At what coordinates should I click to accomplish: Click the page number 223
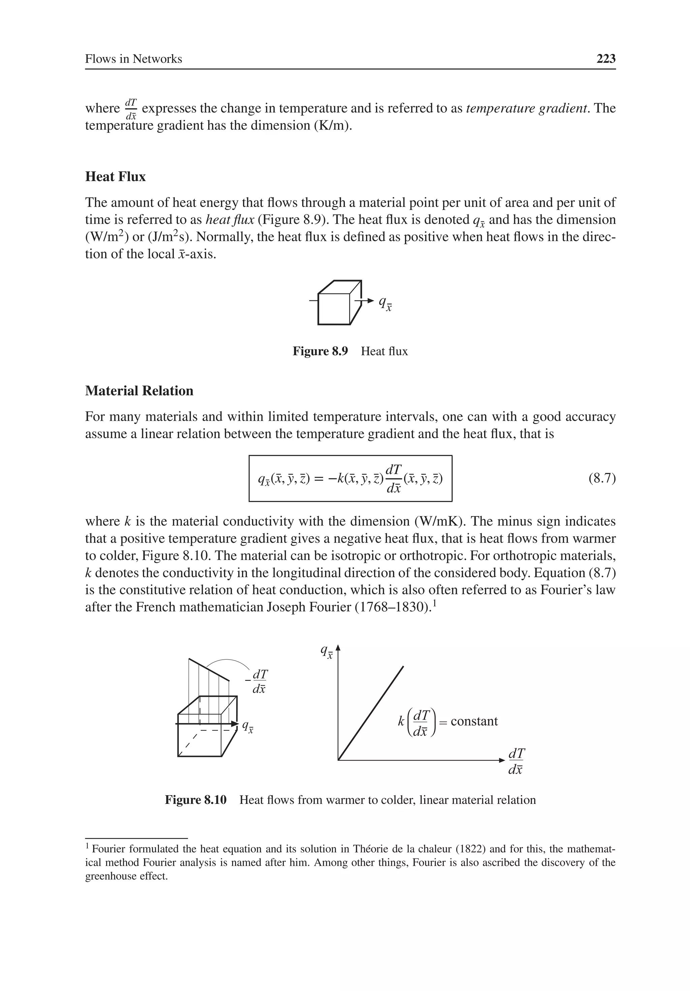606,59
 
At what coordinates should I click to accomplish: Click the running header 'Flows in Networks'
133,59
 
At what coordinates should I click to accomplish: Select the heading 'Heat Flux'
115,177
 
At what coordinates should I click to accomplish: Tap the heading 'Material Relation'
139,391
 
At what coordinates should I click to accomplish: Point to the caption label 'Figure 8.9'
320,351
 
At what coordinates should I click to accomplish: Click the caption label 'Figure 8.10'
195,800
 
